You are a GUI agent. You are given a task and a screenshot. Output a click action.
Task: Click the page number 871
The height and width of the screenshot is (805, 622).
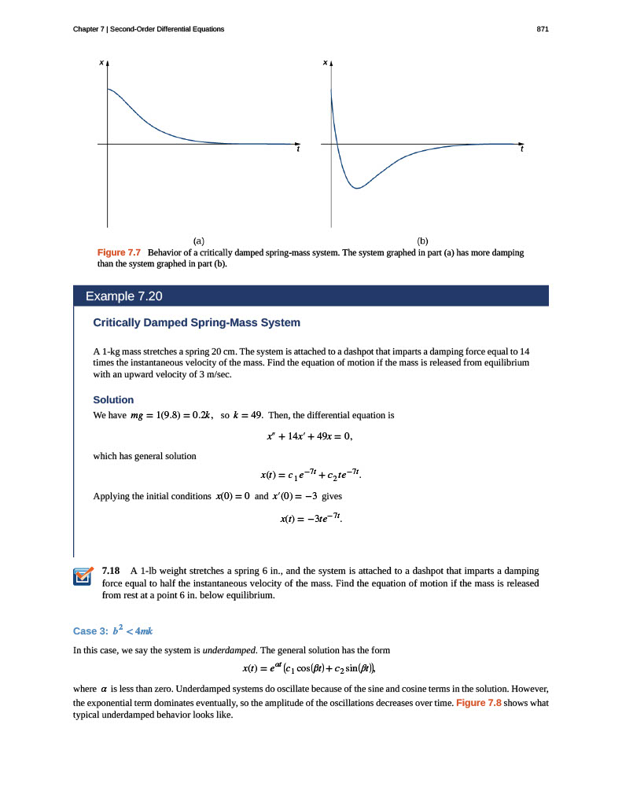tap(542, 29)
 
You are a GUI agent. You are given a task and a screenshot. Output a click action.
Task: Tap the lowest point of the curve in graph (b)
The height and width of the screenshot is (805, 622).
tap(357, 189)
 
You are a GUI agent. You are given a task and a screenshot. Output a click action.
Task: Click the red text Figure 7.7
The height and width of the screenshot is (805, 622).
tap(118, 253)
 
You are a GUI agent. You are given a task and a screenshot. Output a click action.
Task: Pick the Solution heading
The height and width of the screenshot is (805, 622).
tap(113, 399)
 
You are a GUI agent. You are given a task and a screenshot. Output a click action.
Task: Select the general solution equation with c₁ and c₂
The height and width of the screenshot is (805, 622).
tap(311, 475)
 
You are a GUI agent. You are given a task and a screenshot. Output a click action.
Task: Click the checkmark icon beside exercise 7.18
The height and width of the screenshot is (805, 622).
tap(83, 576)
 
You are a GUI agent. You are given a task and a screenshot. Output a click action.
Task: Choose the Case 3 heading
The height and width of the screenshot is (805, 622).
tap(116, 630)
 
